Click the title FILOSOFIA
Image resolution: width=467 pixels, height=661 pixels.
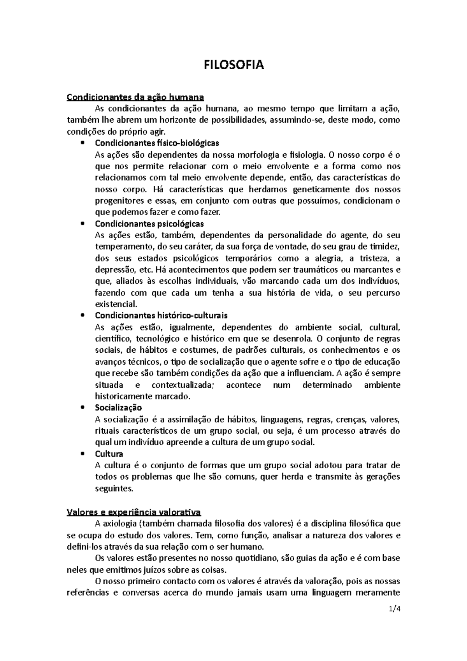tap(234, 65)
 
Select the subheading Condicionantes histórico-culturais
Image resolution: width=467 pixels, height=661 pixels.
tap(161, 315)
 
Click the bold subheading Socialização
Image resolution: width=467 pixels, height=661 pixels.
tap(118, 408)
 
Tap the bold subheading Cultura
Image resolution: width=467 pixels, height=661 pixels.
tap(109, 454)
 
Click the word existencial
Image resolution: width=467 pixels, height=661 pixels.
tap(116, 304)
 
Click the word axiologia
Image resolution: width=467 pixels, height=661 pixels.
tap(119, 524)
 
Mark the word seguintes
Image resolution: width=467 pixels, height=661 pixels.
tap(114, 489)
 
